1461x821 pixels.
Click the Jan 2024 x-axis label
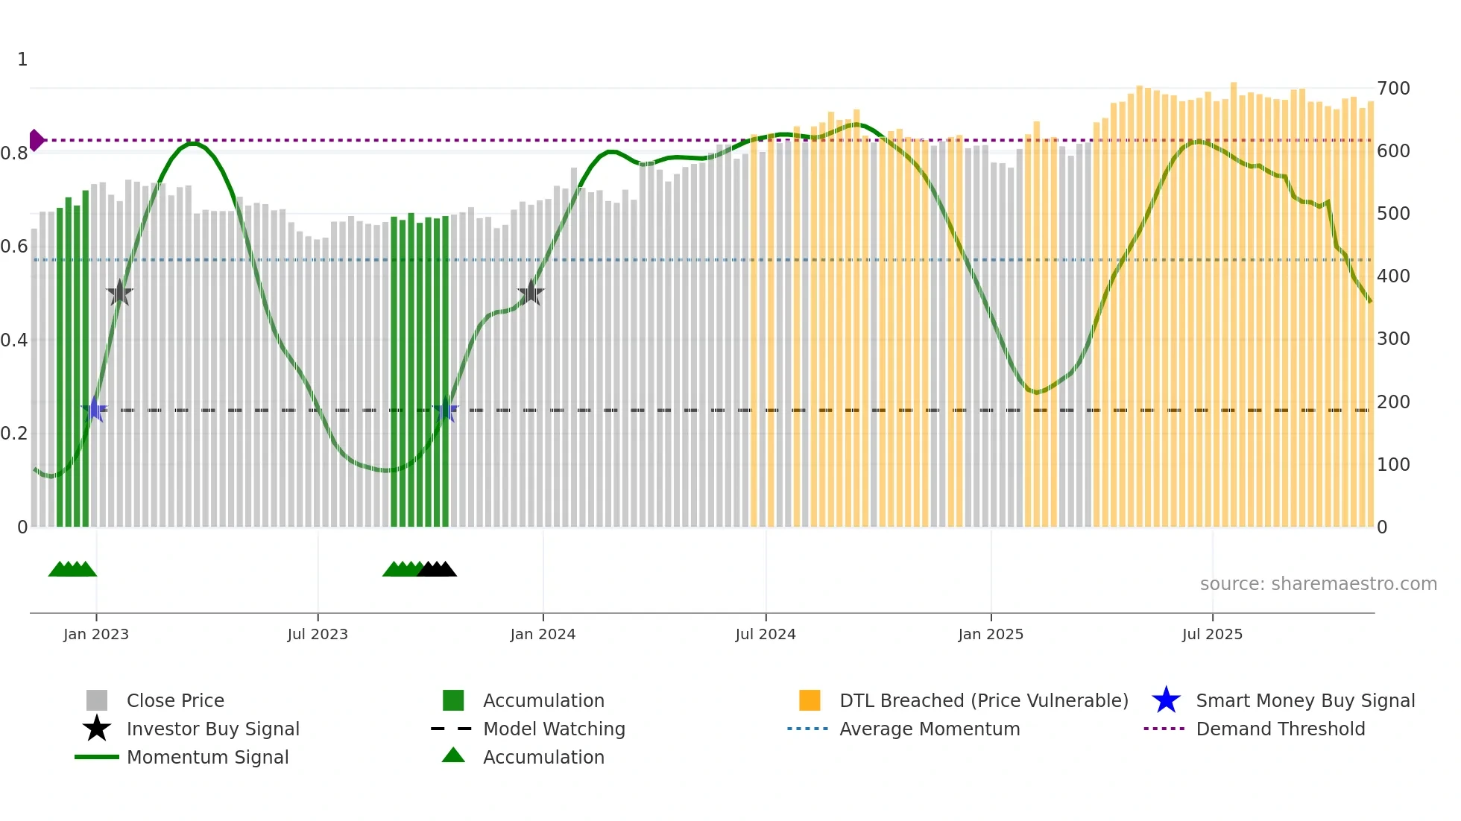[543, 634]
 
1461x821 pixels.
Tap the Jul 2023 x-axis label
[318, 634]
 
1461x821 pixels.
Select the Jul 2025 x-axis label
[1212, 634]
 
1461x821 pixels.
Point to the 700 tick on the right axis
[1393, 88]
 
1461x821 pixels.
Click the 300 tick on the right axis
[1393, 339]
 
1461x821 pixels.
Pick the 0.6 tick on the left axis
[14, 247]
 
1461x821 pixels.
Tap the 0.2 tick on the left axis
[14, 434]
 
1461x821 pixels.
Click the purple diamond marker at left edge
[36, 140]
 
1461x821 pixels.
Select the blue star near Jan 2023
[95, 410]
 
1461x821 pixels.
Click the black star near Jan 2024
[531, 293]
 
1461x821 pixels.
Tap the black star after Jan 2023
[119, 293]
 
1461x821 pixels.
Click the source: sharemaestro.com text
[1318, 584]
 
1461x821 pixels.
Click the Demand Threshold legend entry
[1280, 729]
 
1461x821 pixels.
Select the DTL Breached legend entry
[983, 700]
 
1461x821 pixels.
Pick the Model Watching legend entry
[553, 729]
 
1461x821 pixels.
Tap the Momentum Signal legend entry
[207, 757]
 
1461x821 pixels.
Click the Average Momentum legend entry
[929, 729]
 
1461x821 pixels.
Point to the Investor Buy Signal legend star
[97, 729]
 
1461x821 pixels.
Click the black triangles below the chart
[438, 569]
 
